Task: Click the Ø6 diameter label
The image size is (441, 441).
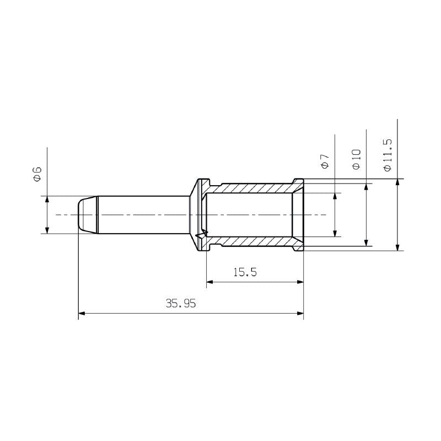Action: [x=37, y=174]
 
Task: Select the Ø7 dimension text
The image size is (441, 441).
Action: [x=325, y=162]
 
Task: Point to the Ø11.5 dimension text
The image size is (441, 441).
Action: [x=387, y=155]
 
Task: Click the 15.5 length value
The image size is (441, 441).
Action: [x=245, y=272]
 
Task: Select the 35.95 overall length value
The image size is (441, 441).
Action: [x=181, y=303]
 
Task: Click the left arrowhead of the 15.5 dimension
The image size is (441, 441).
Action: [x=209, y=283]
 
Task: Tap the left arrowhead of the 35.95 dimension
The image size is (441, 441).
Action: [x=82, y=314]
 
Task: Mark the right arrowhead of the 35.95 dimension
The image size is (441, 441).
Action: [x=300, y=314]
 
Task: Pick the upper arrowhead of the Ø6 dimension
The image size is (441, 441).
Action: [x=47, y=200]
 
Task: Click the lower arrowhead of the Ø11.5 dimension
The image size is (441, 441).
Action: [x=397, y=246]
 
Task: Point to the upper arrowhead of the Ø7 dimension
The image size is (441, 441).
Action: [x=335, y=196]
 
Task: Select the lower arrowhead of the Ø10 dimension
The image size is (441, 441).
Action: [x=366, y=242]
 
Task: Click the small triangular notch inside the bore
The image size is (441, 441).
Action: [x=205, y=234]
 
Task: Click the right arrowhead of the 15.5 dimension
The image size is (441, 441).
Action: [x=300, y=283]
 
